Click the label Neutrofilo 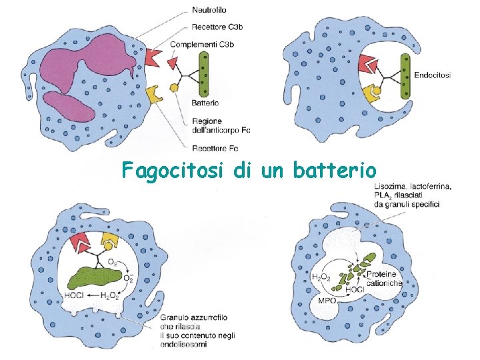[x=209, y=10]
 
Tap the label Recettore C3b [x=216, y=27]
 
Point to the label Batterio [x=205, y=103]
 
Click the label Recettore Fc [x=215, y=147]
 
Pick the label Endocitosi [x=432, y=75]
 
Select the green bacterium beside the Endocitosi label [x=405, y=76]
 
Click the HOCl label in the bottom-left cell [x=72, y=295]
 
